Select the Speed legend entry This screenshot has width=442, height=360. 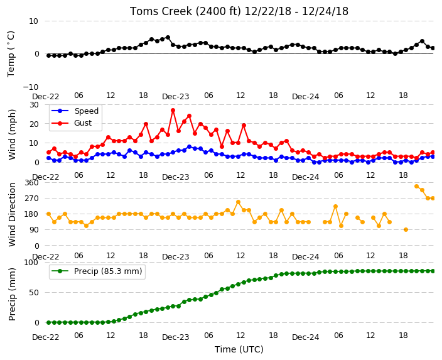(75, 111)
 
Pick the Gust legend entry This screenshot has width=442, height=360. (72, 123)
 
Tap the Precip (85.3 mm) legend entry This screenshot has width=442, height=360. (97, 271)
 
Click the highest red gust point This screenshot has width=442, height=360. (173, 111)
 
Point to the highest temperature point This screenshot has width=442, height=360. (168, 38)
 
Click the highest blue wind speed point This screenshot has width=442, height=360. (189, 147)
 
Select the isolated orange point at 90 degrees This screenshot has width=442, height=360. (406, 230)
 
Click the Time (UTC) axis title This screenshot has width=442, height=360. (239, 349)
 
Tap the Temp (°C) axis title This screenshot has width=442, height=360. (11, 54)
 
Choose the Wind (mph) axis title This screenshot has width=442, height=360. (12, 134)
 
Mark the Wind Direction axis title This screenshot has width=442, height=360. (12, 215)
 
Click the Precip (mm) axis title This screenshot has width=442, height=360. (12, 294)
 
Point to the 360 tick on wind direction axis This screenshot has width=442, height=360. (31, 183)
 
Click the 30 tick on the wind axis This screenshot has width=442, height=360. (34, 105)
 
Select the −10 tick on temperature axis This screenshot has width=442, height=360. (30, 87)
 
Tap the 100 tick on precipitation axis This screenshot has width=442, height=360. (31, 263)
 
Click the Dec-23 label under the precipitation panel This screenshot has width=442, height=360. (176, 337)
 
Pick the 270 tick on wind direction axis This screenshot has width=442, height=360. (31, 199)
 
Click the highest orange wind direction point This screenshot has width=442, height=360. (417, 186)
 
